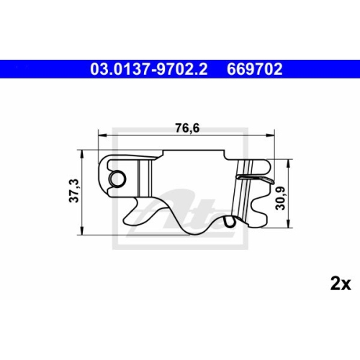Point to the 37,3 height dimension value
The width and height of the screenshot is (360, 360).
click(x=71, y=191)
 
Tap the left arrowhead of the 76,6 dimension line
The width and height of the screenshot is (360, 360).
click(x=102, y=134)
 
